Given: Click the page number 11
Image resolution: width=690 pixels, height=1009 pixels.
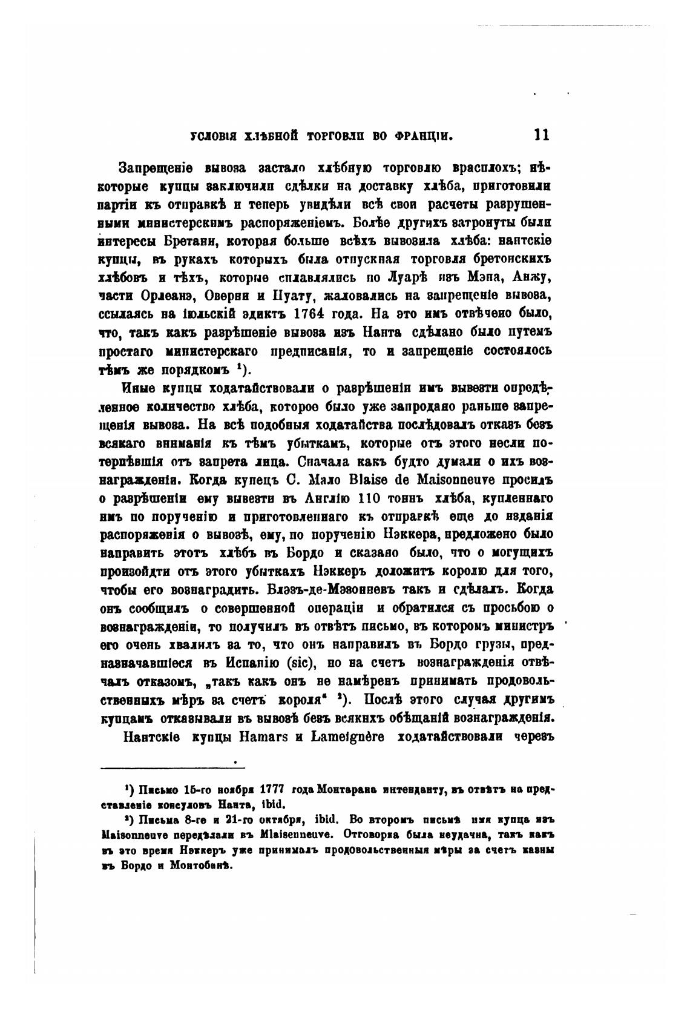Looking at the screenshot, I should pyautogui.click(x=542, y=134).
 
